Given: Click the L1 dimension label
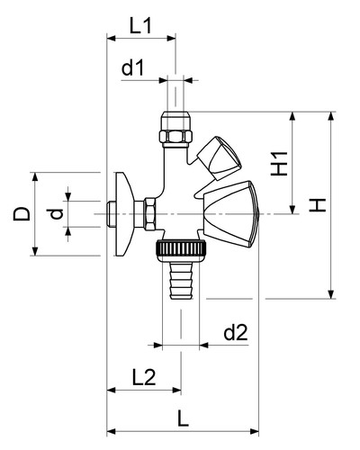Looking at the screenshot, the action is (x=141, y=25).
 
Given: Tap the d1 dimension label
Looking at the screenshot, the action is (x=133, y=67).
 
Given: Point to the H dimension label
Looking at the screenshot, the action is (x=318, y=205).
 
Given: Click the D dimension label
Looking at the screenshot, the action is (x=22, y=214).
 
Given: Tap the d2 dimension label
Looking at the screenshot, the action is (x=236, y=332).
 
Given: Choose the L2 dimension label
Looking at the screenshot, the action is (x=144, y=377).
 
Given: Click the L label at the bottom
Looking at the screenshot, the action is (x=183, y=418).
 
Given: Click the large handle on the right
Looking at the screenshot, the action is (x=229, y=213).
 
